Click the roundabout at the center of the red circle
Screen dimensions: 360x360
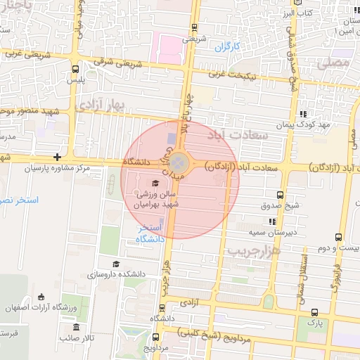[179, 163]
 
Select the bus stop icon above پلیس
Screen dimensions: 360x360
[75, 69]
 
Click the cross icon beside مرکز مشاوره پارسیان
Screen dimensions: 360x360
[57, 157]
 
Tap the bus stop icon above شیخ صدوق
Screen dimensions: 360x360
[280, 195]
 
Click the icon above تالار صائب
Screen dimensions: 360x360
[76, 327]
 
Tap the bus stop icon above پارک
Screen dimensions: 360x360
[314, 311]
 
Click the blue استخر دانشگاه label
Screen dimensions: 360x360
[150, 233]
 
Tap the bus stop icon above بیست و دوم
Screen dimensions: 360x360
[339, 237]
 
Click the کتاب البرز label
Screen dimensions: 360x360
[297, 13]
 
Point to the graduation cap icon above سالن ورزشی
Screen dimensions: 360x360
[155, 183]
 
